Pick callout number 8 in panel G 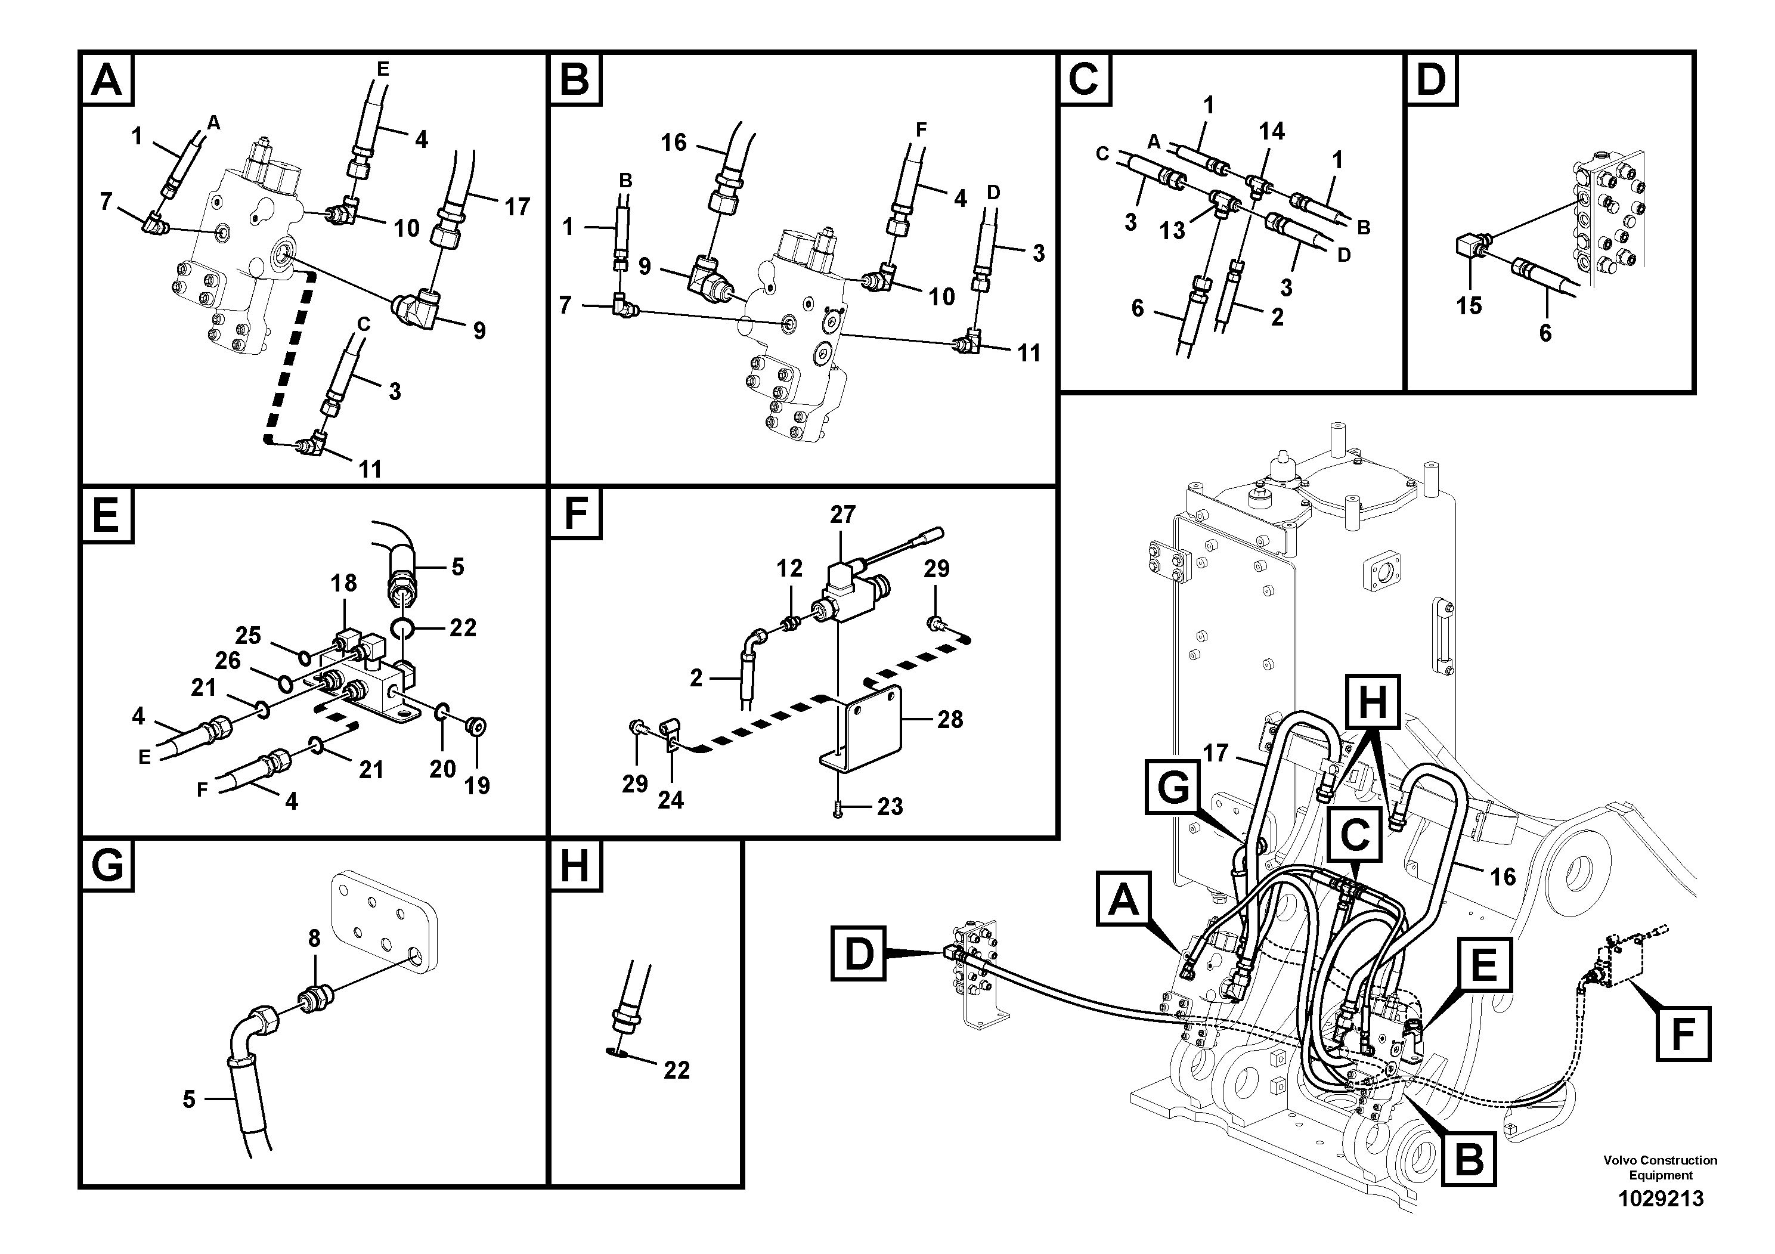pyautogui.click(x=314, y=939)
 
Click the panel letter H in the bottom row pyautogui.click(x=574, y=865)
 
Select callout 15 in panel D pyautogui.click(x=1469, y=305)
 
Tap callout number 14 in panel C pyautogui.click(x=1271, y=131)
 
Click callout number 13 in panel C pyautogui.click(x=1172, y=230)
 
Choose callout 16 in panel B pyautogui.click(x=673, y=143)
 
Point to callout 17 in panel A pyautogui.click(x=516, y=206)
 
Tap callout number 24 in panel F pyautogui.click(x=670, y=800)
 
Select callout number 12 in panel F pyautogui.click(x=789, y=568)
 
